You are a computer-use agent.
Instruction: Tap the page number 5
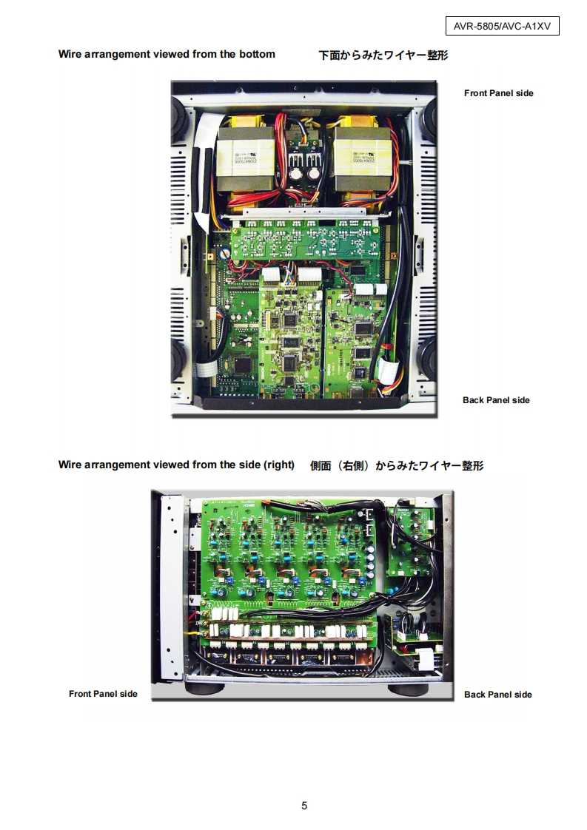click(304, 806)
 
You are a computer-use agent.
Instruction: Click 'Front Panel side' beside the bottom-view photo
click(498, 93)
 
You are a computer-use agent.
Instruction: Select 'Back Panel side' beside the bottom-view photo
click(496, 400)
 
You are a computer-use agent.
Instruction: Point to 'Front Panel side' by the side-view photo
click(103, 694)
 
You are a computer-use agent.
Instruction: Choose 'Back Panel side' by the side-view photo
click(497, 695)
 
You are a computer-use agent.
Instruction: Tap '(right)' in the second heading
click(278, 465)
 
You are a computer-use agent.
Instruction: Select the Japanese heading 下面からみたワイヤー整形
click(383, 55)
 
